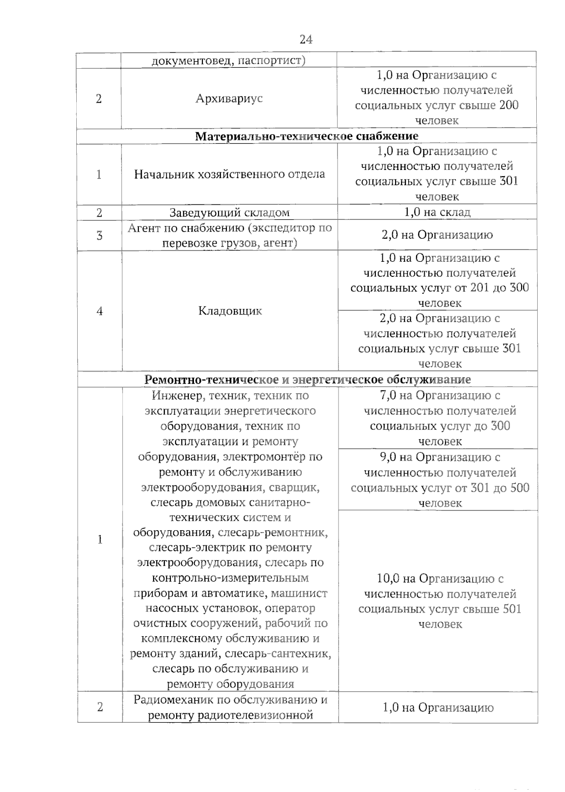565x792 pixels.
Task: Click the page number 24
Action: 306,40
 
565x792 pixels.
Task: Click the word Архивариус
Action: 229,99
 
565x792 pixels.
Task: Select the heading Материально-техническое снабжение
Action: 307,136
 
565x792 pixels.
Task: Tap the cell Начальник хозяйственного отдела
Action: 229,174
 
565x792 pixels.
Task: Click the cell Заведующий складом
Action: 229,212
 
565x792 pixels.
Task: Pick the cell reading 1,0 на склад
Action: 437,212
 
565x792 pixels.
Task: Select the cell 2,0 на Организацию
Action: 437,234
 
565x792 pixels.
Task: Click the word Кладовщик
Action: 230,311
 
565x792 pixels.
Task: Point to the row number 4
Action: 99,311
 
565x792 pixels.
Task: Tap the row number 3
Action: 99,235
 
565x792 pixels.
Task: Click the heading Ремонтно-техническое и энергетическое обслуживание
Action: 307,380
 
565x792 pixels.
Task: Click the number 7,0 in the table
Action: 389,396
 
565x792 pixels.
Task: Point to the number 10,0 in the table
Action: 389,578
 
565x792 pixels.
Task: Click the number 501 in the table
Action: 511,609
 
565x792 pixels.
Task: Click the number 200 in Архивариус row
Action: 508,105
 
